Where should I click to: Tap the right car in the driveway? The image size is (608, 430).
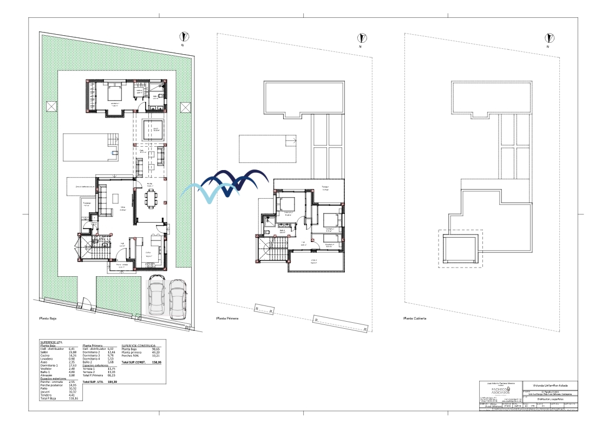177,298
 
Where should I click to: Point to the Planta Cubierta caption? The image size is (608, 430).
415,319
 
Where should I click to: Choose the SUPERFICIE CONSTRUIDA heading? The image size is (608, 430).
139,345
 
